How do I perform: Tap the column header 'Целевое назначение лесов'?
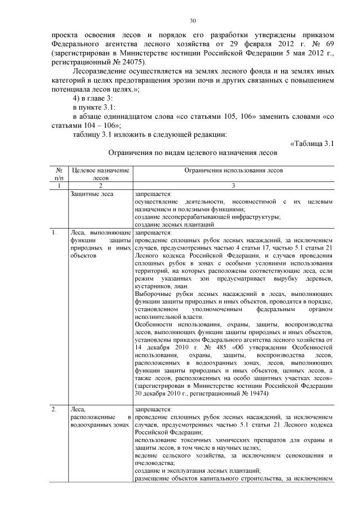[x=100, y=173]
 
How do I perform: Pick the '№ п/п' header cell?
[x=59, y=173]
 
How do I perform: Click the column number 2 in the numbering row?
[x=100, y=185]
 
